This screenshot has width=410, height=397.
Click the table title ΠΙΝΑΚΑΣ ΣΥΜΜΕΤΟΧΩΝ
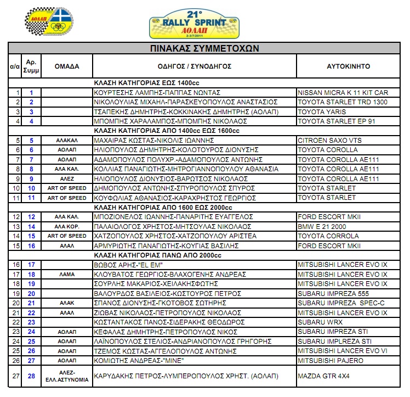pos(204,48)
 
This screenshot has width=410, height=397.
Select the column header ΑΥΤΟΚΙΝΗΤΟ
pos(348,66)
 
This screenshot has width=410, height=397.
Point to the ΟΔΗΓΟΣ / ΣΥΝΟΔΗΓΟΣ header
pos(194,66)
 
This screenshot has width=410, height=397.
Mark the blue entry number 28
pos(31,376)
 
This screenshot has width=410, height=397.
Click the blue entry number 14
pos(31,226)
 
